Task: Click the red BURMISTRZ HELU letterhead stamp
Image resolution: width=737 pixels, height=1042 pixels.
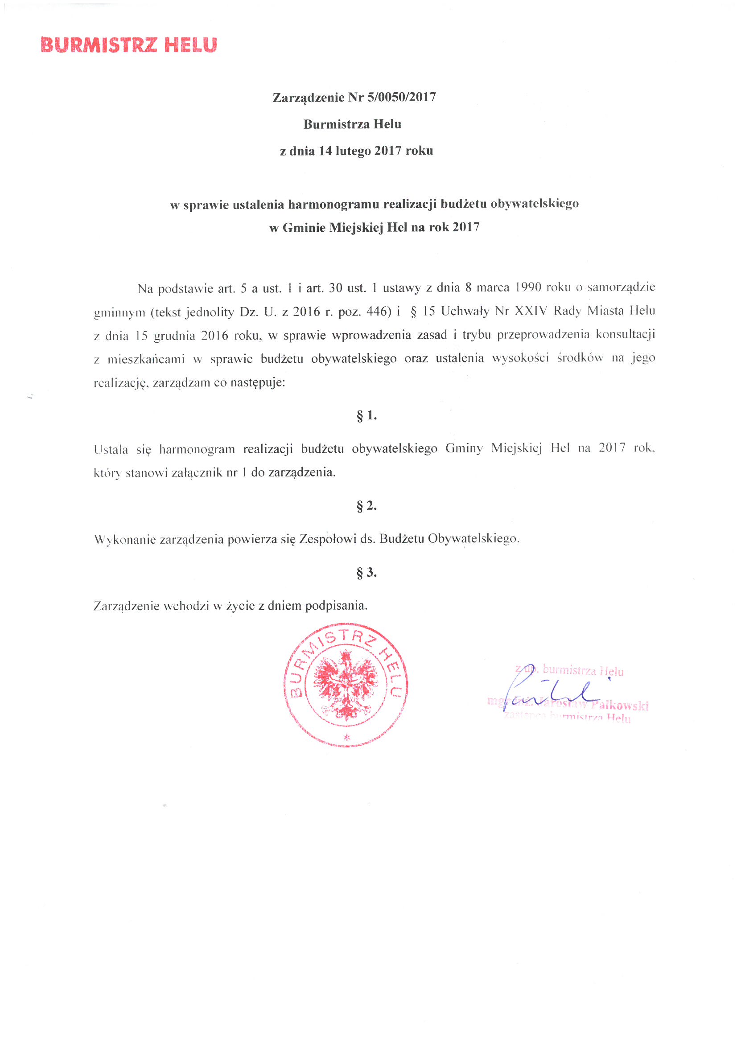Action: tap(129, 45)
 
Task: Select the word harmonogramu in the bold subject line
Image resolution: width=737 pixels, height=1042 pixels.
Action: tap(335, 204)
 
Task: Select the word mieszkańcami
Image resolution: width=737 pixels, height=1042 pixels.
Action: tap(146, 359)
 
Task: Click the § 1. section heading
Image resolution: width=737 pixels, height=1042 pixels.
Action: tap(366, 415)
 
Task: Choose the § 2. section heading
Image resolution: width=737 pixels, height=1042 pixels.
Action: tap(366, 505)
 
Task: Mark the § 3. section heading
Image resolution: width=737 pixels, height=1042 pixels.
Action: tap(366, 572)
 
